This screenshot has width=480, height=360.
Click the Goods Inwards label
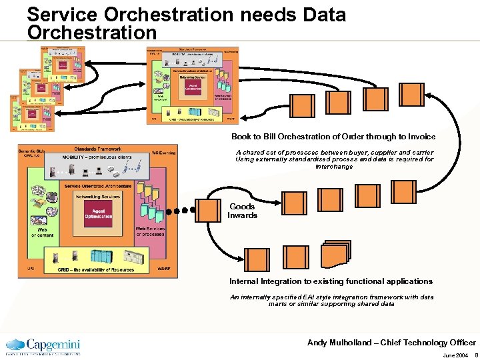pyautogui.click(x=242, y=211)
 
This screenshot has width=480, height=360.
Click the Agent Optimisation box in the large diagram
pyautogui.click(x=98, y=213)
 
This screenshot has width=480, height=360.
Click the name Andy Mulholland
pyautogui.click(x=341, y=343)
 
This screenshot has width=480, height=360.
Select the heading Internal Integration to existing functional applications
pyautogui.click(x=331, y=281)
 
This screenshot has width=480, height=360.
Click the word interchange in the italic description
pyautogui.click(x=334, y=167)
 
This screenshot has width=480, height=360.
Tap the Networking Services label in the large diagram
pyautogui.click(x=98, y=197)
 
